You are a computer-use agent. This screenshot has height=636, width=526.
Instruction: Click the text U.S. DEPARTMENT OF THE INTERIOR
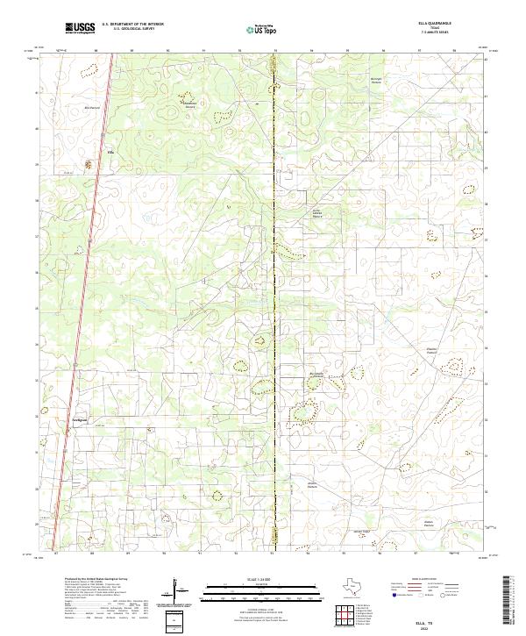(132, 25)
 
